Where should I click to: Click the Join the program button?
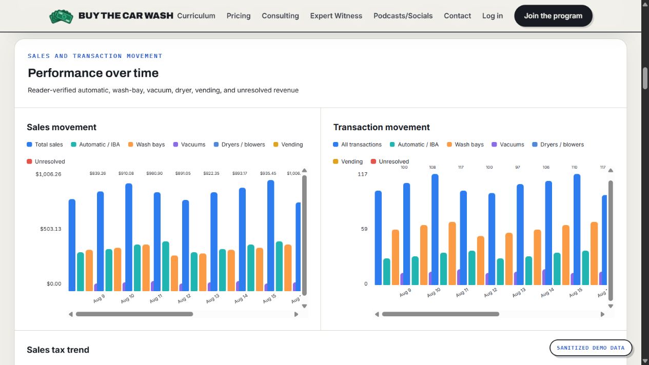[553, 16]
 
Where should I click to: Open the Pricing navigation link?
[239, 16]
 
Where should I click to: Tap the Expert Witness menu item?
[336, 16]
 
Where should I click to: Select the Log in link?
[492, 16]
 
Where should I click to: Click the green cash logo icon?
[61, 16]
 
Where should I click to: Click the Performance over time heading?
[93, 73]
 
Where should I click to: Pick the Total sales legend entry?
[45, 145]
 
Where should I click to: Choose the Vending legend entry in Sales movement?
[288, 145]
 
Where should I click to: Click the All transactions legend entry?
[357, 145]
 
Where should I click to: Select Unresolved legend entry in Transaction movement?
[390, 161]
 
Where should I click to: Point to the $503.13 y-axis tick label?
[51, 229]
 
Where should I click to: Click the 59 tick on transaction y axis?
[364, 229]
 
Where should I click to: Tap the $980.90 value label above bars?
[154, 173]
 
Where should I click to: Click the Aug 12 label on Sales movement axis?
[184, 299]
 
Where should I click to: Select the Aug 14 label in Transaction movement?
[547, 293]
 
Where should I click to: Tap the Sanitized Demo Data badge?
[591, 348]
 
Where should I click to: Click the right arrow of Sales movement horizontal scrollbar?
[296, 314]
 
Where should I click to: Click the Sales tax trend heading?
[58, 350]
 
